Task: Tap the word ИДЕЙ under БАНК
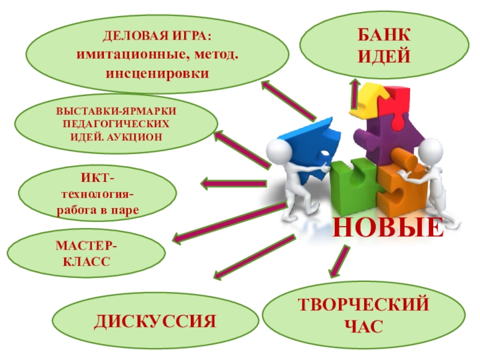[385, 58]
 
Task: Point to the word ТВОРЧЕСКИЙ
[364, 305]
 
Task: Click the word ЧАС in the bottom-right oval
[364, 326]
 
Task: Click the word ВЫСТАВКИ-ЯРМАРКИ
[118, 112]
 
